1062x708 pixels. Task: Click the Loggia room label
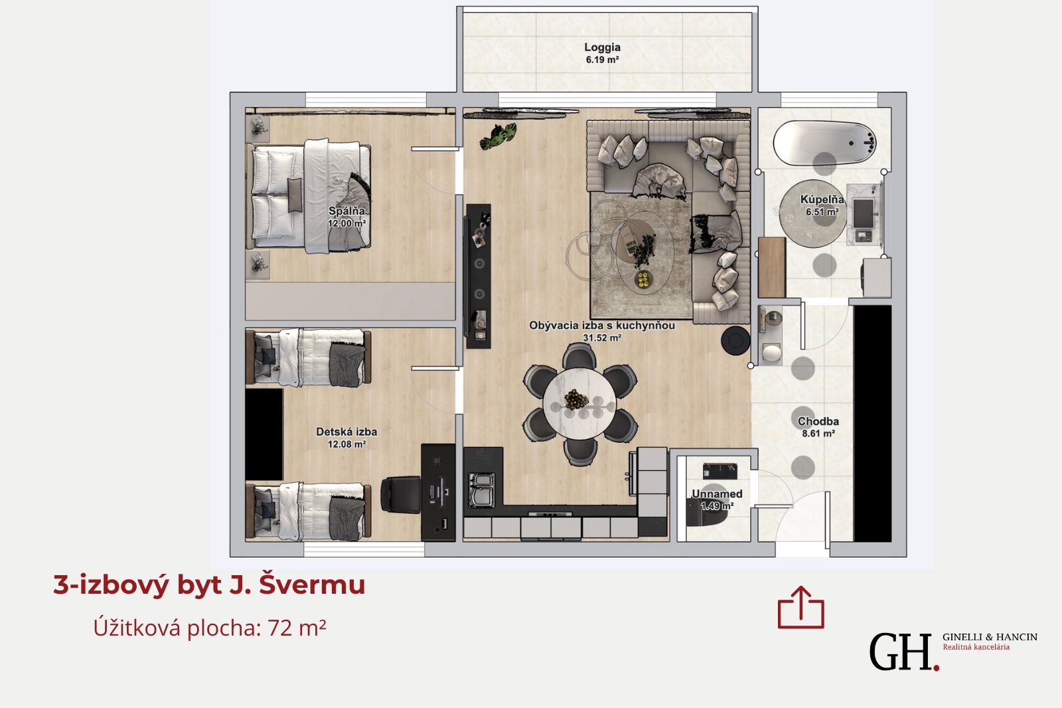[x=602, y=47]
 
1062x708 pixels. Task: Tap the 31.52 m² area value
[x=602, y=338]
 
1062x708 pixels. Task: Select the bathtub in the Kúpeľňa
[x=824, y=143]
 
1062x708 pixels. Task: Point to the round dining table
[x=579, y=403]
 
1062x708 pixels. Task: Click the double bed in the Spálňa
[x=308, y=195]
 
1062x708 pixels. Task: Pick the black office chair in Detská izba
[x=401, y=495]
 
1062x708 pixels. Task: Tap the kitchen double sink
[x=482, y=489]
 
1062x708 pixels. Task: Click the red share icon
[x=800, y=608]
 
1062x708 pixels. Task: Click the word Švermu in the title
[x=312, y=584]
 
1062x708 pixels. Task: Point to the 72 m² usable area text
[x=297, y=628]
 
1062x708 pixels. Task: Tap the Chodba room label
[x=818, y=421]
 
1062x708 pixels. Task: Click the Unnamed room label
[x=717, y=494]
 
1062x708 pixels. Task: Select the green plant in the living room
[x=498, y=136]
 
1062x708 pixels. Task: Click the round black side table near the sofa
[x=735, y=340]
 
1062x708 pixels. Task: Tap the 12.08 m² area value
[x=346, y=444]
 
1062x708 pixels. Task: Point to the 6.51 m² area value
[x=822, y=212]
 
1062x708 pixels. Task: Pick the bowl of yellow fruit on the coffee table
[x=643, y=279]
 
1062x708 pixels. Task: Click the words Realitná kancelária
[x=976, y=647]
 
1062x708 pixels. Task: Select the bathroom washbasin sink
[x=864, y=213]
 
